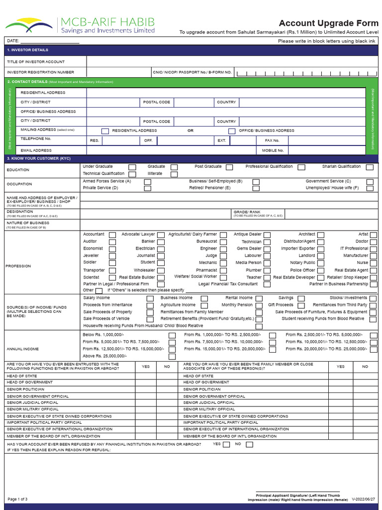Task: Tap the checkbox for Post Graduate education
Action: pyautogui.click(x=229, y=167)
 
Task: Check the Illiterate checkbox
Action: pyautogui.click(x=174, y=174)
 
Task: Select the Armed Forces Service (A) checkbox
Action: pyautogui.click(x=148, y=182)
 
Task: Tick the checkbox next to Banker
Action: pyautogui.click(x=162, y=242)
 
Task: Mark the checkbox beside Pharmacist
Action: pyautogui.click(x=223, y=270)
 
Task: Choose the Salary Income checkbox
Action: pyautogui.click(x=150, y=298)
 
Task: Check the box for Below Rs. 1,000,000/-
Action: pyautogui.click(x=172, y=336)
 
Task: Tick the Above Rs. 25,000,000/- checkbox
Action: pyautogui.click(x=172, y=357)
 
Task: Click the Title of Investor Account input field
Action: pyautogui.click(x=232, y=62)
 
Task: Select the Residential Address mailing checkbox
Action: pyautogui.click(x=105, y=131)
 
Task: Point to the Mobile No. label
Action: pyautogui.click(x=273, y=150)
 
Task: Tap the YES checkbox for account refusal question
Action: pyautogui.click(x=227, y=445)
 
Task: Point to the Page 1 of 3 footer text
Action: pyautogui.click(x=18, y=499)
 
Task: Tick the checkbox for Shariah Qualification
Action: pyautogui.click(x=370, y=167)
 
